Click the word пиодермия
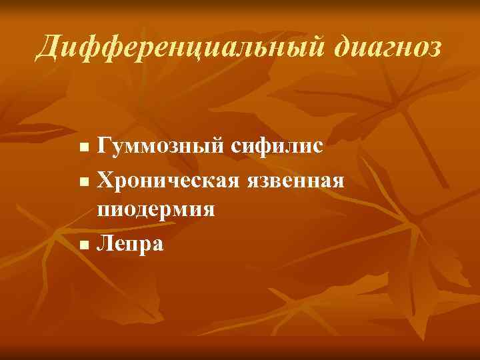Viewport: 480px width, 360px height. (156, 210)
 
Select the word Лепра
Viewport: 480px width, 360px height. (129, 243)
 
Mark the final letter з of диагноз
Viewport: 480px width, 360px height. (434, 49)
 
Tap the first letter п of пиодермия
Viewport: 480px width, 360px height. (104, 211)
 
